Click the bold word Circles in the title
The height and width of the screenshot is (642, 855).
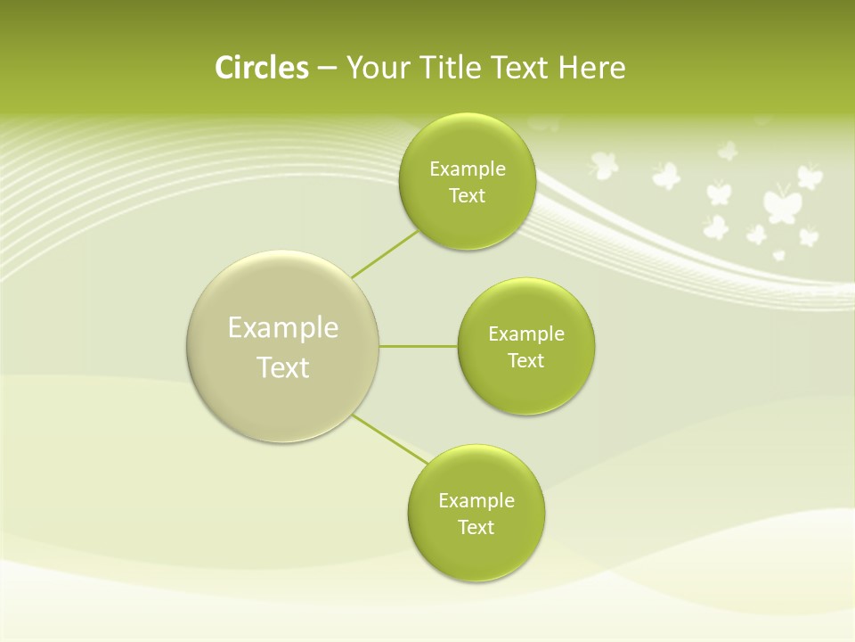tap(262, 68)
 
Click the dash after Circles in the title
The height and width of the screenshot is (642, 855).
tap(327, 69)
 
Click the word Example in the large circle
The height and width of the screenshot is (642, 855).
tap(283, 328)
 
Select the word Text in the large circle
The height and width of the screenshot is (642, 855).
tap(283, 367)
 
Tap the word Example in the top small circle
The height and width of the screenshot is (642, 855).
tap(468, 169)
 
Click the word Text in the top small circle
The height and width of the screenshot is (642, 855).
tap(467, 196)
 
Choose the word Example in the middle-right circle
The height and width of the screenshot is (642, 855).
tap(526, 334)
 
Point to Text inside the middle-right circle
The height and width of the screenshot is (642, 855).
tap(525, 361)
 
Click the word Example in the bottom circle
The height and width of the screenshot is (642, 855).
tap(476, 501)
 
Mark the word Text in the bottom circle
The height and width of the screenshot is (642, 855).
tap(476, 528)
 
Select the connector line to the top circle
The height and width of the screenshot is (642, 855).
tap(385, 254)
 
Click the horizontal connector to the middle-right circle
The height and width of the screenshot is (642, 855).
tap(419, 346)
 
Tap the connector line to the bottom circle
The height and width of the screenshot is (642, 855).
tap(390, 439)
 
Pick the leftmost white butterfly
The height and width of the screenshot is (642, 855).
tap(604, 165)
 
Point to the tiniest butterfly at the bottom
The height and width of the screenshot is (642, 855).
tap(779, 255)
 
